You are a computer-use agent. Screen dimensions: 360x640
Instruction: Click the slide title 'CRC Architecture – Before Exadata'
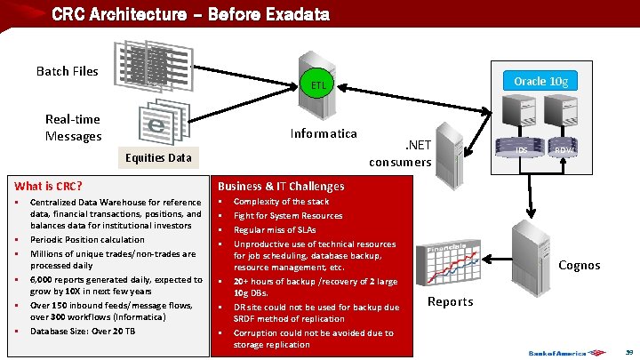(190, 14)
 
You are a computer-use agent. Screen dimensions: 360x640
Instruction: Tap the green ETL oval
(319, 85)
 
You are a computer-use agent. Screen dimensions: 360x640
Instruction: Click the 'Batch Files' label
(68, 71)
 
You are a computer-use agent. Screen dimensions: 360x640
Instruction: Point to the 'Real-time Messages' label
(73, 127)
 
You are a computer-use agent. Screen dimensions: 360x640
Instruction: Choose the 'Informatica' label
(324, 134)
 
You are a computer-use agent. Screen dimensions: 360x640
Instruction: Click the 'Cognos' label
(579, 265)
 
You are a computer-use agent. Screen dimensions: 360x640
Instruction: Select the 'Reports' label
(451, 301)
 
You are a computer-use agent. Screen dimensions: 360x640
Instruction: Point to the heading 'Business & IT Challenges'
(281, 186)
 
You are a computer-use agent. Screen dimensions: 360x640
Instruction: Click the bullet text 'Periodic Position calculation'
(87, 240)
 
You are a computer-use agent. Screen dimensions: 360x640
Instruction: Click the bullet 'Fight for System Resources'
(287, 216)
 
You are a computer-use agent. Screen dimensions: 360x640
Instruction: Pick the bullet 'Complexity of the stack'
(281, 202)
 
